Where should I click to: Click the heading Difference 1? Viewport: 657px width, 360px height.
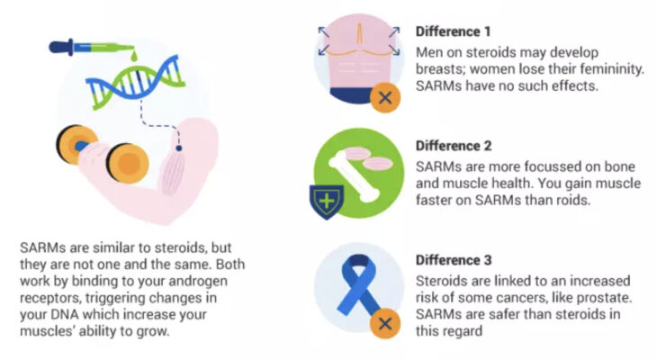[453, 31]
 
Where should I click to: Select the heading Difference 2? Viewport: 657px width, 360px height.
[454, 146]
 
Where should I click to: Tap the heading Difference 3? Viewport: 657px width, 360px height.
[454, 260]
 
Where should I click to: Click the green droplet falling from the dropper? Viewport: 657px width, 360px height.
[134, 56]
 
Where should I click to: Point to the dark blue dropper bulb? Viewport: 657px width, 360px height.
[59, 47]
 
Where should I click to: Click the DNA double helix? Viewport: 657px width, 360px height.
[135, 83]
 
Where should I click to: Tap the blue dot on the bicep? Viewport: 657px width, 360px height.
[179, 148]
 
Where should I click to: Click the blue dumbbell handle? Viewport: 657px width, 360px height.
[82, 147]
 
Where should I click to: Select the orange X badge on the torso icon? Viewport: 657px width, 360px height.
[385, 98]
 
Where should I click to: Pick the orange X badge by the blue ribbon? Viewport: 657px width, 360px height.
[385, 323]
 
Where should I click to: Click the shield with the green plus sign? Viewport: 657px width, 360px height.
[327, 202]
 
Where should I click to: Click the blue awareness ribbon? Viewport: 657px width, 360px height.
[356, 285]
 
